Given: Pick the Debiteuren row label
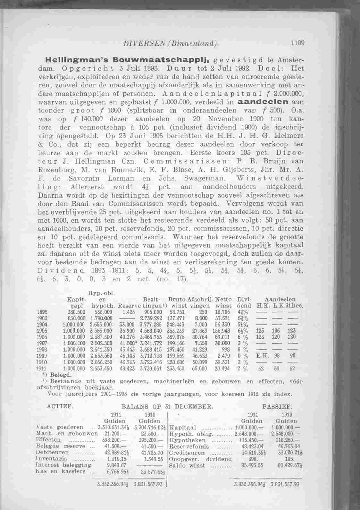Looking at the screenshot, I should (50, 452).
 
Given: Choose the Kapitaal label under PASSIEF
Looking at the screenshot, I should (181, 428).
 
